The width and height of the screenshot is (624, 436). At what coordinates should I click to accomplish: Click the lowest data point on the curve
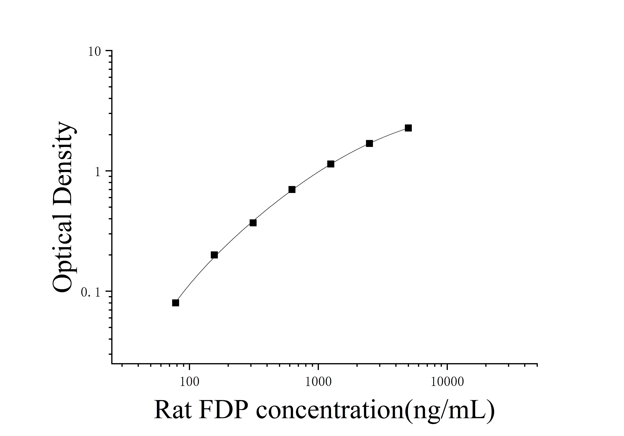pyautogui.click(x=176, y=303)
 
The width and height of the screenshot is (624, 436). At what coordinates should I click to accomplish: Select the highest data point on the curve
pyautogui.click(x=408, y=128)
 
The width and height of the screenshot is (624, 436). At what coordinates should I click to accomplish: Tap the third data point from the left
pyautogui.click(x=253, y=223)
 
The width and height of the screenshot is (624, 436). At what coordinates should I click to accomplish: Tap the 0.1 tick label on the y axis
pyautogui.click(x=91, y=292)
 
